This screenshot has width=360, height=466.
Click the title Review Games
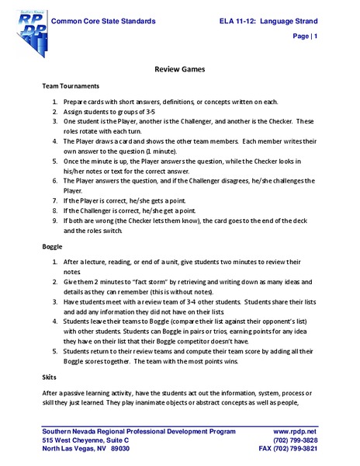tap(179, 69)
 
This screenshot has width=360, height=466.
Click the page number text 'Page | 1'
tap(305, 37)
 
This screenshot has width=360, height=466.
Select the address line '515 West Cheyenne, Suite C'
tap(86, 440)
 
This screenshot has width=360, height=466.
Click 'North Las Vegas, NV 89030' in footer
tap(86, 449)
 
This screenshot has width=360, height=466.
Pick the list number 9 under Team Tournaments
tap(56, 221)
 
